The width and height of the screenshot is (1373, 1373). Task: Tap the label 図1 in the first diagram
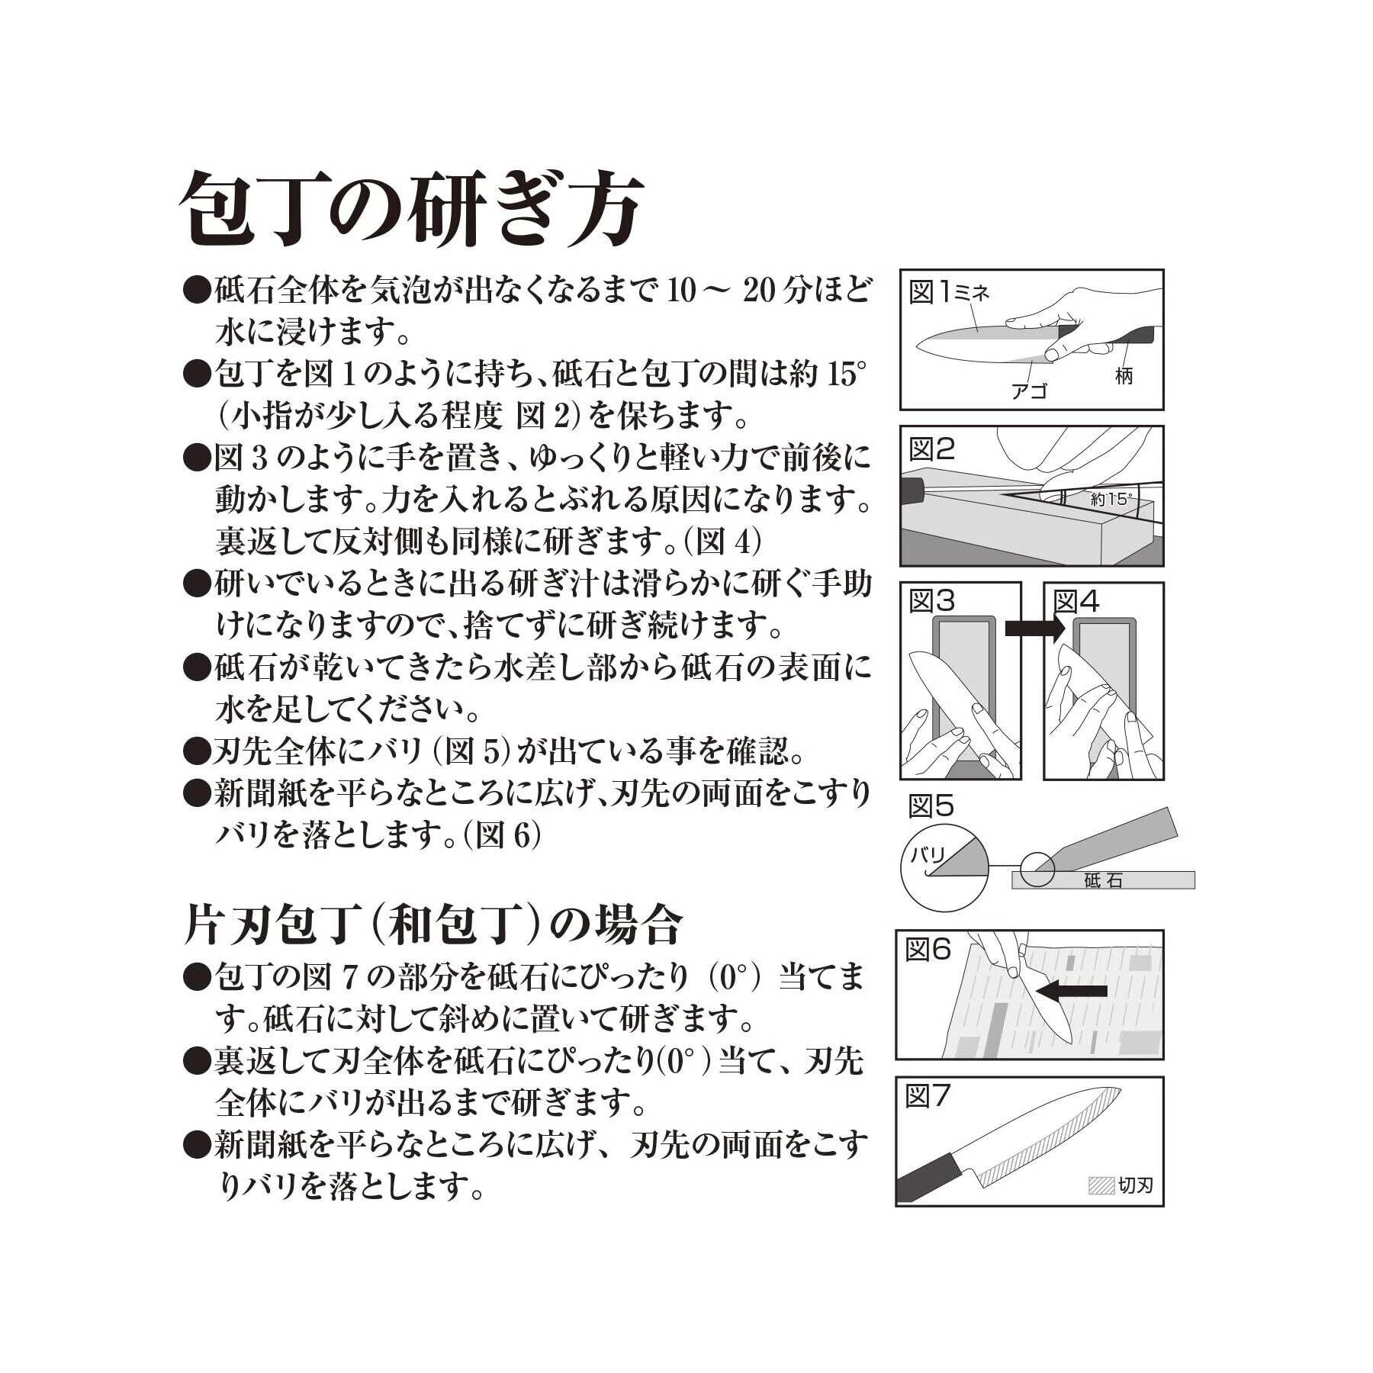tap(930, 292)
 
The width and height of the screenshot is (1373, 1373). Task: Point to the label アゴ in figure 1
tap(1029, 391)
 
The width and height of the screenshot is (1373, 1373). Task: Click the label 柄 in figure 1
tap(1124, 375)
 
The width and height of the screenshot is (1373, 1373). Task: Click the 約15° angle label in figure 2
tap(1111, 500)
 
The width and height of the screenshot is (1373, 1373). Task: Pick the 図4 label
tap(1076, 603)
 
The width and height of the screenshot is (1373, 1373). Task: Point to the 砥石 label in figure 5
tap(1102, 881)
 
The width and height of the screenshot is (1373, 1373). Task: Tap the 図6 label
tap(928, 949)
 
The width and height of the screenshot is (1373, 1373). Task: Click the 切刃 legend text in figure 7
tap(1135, 1185)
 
